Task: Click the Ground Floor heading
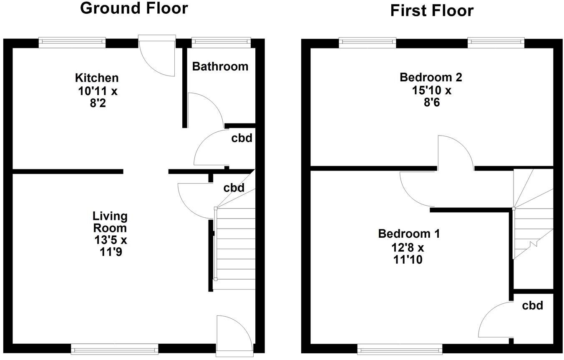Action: point(134,8)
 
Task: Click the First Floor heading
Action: point(432,10)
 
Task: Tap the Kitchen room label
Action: point(97,78)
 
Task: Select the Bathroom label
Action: point(220,66)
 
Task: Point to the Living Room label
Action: point(110,222)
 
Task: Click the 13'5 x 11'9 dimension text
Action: point(110,246)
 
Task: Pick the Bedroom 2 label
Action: point(426,77)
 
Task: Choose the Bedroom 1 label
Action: point(409,234)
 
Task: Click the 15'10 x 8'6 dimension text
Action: point(431,96)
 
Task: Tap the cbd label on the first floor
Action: point(533,306)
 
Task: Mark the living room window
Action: point(114,348)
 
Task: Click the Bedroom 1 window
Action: point(400,348)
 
